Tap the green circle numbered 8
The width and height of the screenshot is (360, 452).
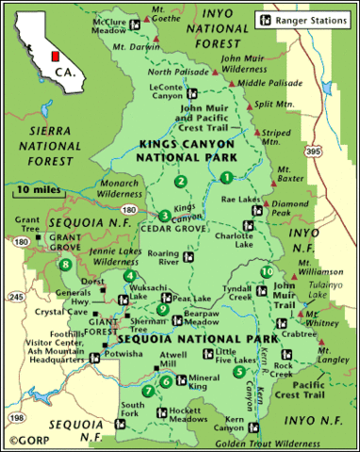[64, 265]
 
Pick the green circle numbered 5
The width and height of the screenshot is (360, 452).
[239, 370]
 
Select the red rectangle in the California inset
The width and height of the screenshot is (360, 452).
[54, 44]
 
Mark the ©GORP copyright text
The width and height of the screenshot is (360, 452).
[29, 439]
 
